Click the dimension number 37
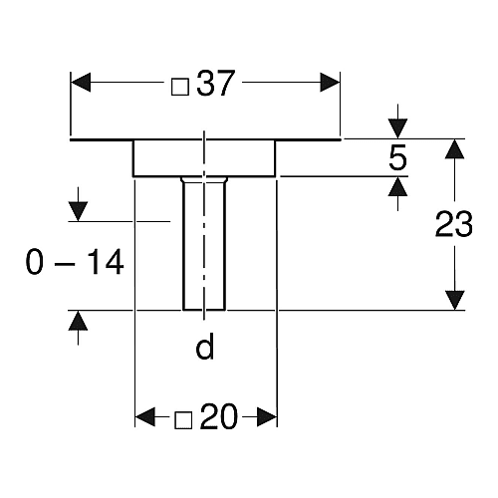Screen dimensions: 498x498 pos(216,83)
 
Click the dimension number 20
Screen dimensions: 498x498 pos(219,416)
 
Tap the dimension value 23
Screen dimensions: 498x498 pos(454,224)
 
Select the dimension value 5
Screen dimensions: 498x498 pos(397,157)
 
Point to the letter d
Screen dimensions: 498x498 pos(204,347)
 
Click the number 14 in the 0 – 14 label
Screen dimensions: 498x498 pos(107,262)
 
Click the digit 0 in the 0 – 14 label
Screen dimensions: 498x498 pos(35,262)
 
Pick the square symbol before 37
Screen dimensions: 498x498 pos(180,87)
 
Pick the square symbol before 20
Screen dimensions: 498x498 pos(183,420)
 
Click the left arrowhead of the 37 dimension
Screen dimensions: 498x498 pos(81,83)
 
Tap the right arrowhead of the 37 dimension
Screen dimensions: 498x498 pos(330,83)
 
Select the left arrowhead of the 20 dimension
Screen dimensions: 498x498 pos(145,416)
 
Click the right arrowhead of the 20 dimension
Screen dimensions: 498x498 pos(267,416)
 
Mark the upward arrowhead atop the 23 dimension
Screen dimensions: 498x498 pos(454,149)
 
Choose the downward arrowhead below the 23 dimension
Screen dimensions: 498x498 pos(454,300)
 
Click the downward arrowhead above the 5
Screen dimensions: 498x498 pos(397,128)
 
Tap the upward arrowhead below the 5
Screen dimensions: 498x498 pos(397,186)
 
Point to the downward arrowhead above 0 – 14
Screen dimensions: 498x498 pos(78,211)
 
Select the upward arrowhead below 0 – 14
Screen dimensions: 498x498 pos(78,321)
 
